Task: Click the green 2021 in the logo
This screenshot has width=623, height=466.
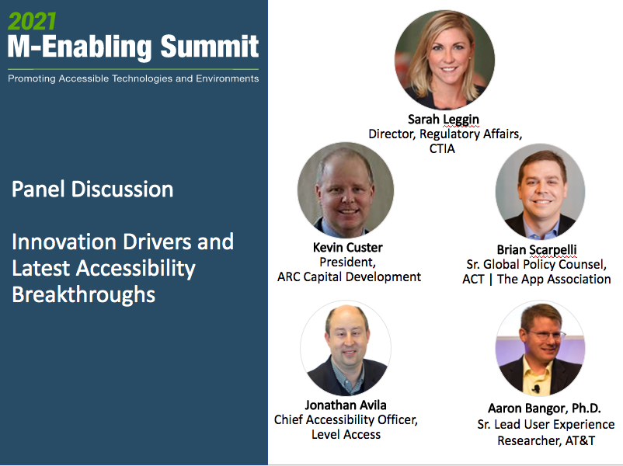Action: click(32, 18)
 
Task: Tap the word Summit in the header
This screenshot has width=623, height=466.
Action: click(210, 47)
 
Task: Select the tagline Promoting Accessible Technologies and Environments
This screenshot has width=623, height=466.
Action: click(133, 78)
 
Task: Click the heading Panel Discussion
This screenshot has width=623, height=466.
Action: click(92, 189)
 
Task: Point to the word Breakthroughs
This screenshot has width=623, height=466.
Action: click(84, 295)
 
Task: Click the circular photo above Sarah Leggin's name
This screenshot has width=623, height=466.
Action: click(444, 60)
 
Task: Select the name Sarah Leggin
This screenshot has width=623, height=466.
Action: click(444, 119)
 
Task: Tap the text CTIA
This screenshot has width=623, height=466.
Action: click(443, 148)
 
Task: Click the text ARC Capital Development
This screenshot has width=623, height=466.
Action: click(349, 276)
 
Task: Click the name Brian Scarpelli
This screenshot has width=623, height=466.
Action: click(537, 250)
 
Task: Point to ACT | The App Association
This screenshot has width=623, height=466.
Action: click(537, 279)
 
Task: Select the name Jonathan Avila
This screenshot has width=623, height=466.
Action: click(346, 405)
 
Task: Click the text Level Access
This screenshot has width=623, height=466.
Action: click(346, 434)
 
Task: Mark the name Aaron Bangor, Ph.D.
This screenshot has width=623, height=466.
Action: click(544, 409)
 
